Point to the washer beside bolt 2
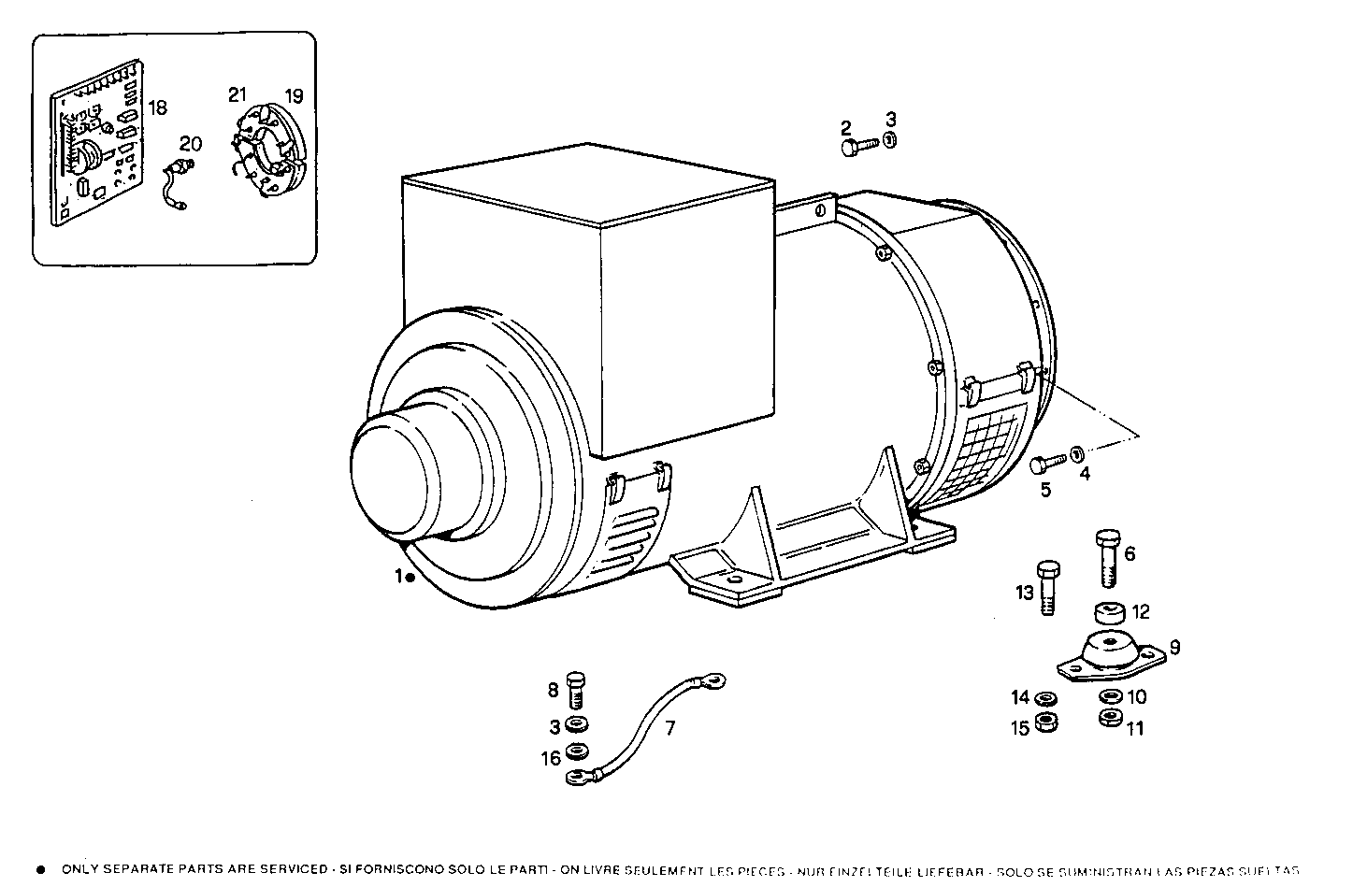click(x=891, y=140)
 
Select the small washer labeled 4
click(x=1077, y=455)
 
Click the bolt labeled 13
click(x=1048, y=587)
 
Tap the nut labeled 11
click(x=1110, y=718)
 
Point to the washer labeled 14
click(x=1045, y=698)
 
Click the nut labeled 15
click(x=1046, y=725)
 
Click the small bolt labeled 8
click(x=577, y=691)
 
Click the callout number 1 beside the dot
click(x=397, y=577)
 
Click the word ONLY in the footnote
click(x=83, y=868)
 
